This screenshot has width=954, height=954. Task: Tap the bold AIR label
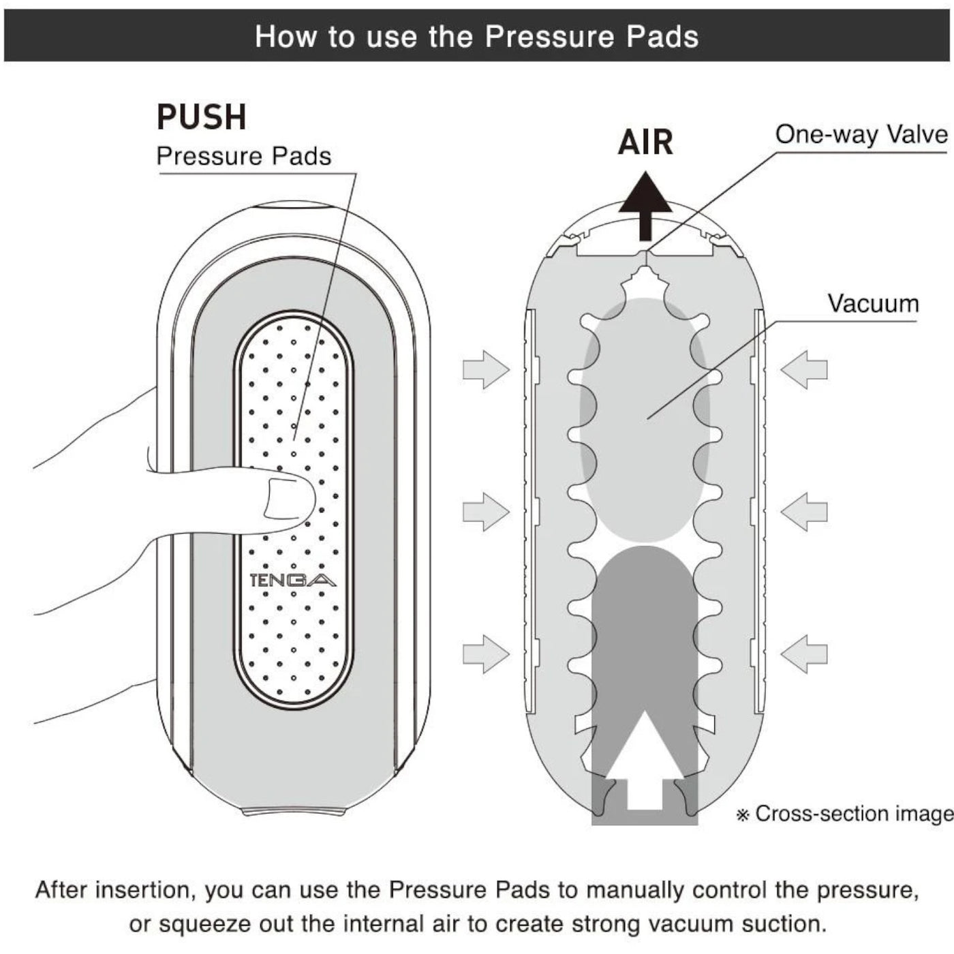click(x=645, y=142)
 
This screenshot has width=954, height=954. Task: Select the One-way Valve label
click(x=861, y=134)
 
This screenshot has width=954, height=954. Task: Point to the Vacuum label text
click(x=874, y=303)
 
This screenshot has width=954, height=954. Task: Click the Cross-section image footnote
click(x=845, y=814)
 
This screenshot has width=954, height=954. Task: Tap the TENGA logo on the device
click(x=292, y=580)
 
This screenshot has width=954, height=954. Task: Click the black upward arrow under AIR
click(x=645, y=206)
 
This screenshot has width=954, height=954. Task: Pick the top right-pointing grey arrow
click(x=486, y=369)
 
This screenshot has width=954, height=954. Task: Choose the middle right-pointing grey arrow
click(x=486, y=511)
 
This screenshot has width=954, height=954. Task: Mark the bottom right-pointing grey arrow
click(x=486, y=654)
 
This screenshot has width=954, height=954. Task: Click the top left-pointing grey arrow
click(x=804, y=369)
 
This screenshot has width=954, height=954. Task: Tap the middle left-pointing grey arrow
click(x=804, y=511)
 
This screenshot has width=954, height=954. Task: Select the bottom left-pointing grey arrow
click(x=804, y=654)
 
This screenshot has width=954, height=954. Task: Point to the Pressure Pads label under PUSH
click(x=243, y=156)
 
